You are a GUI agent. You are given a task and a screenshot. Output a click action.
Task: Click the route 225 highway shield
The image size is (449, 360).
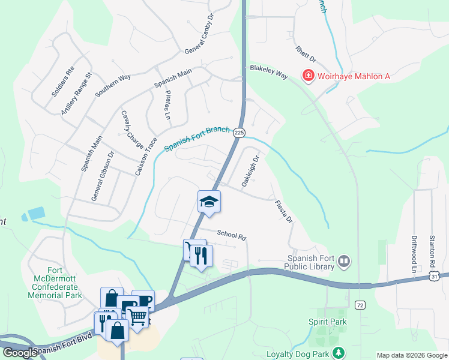(x=239, y=132)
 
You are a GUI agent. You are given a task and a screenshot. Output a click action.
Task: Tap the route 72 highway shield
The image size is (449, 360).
(x=360, y=306)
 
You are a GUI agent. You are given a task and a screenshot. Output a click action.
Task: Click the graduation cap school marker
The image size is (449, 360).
(x=209, y=201)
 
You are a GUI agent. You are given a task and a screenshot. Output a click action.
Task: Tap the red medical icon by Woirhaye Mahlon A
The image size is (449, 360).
(x=309, y=76)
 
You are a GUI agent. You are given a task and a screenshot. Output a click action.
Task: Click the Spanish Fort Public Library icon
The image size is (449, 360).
(x=344, y=261)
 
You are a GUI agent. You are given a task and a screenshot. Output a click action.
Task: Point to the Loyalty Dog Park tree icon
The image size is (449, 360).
(x=340, y=353)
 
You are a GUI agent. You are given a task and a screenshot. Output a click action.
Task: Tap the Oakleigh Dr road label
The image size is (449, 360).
(x=250, y=170)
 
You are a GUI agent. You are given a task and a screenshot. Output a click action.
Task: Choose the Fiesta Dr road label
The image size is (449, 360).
(x=283, y=211)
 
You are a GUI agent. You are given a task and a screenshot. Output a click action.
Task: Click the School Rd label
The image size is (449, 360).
(x=232, y=235)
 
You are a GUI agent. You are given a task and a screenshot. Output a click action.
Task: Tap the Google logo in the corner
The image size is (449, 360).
(x=19, y=353)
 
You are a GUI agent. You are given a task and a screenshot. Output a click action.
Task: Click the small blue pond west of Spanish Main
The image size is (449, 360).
(x=35, y=214)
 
